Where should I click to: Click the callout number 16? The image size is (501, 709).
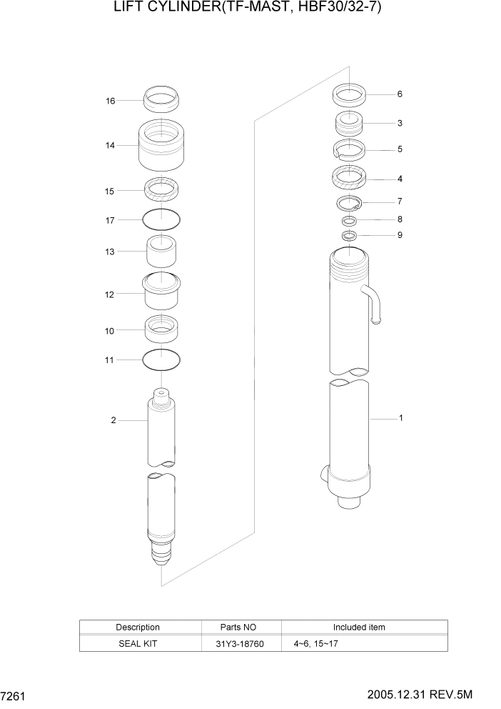(111, 101)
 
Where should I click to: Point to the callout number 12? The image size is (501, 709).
(111, 293)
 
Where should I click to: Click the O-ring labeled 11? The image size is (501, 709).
(162, 360)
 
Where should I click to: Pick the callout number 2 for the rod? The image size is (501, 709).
(113, 420)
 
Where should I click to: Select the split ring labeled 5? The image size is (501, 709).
(350, 149)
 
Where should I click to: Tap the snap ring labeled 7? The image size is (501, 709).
(350, 203)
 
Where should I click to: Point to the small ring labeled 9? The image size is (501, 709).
(350, 235)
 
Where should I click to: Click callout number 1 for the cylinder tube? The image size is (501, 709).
(400, 418)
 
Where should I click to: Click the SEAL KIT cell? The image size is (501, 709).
(138, 643)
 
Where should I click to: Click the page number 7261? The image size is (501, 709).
(14, 695)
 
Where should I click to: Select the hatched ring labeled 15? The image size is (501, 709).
(162, 190)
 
